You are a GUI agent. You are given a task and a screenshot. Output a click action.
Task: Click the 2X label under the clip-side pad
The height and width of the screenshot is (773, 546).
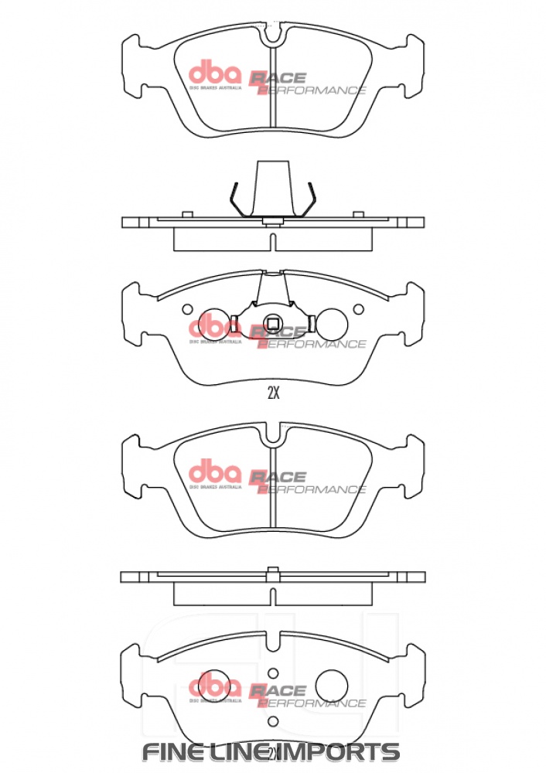tap(272, 393)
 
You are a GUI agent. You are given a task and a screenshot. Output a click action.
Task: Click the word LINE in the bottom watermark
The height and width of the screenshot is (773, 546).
tap(245, 751)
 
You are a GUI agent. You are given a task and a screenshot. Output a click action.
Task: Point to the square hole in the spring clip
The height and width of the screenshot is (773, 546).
tap(272, 323)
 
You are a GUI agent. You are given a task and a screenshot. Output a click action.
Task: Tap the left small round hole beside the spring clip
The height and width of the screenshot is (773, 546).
tap(186, 310)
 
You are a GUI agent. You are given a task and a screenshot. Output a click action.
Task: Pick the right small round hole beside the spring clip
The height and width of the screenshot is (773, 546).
tap(358, 310)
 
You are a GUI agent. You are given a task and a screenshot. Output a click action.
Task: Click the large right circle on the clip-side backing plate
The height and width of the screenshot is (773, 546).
tap(334, 323)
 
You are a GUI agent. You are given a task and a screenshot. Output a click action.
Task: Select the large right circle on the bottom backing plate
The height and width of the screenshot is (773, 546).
tap(334, 683)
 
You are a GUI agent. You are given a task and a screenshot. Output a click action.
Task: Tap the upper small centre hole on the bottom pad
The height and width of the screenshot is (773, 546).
tap(272, 673)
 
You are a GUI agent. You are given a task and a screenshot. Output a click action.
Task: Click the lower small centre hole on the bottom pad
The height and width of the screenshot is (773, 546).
tap(272, 721)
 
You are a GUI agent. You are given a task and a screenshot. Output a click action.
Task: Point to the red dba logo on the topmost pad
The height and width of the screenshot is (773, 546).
tap(216, 74)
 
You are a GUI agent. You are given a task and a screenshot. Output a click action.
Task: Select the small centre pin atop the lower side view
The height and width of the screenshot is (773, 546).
tap(272, 572)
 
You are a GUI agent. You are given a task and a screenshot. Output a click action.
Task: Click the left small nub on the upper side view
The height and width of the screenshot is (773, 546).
tap(186, 214)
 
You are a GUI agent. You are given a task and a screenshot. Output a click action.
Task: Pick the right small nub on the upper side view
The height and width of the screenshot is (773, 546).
tap(358, 214)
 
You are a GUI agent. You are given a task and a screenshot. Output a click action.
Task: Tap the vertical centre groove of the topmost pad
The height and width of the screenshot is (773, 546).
tap(272, 85)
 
